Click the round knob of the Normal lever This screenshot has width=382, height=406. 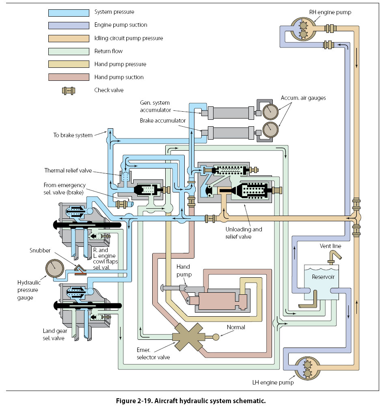216,337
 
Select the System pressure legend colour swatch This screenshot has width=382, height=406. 69,12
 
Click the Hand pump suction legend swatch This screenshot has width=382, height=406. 69,77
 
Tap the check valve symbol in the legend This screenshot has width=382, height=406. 69,90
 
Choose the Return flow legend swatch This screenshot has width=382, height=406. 69,51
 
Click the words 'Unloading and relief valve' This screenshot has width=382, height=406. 244,233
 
